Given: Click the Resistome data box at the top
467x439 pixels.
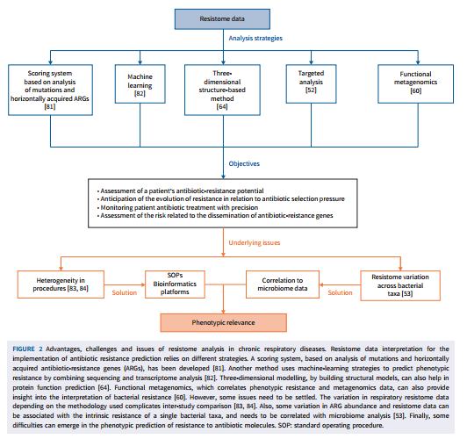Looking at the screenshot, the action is click(222, 19).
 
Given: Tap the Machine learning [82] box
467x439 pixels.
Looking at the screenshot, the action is click(140, 84).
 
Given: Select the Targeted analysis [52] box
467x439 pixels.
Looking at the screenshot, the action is click(311, 84).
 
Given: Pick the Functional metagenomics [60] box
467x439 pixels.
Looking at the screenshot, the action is click(415, 84).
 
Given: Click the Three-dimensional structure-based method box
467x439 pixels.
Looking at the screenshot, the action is click(222, 90).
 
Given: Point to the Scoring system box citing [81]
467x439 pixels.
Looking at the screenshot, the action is click(50, 90).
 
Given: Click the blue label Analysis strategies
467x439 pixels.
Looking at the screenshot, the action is click(255, 38).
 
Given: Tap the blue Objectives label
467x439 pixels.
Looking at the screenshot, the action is click(244, 163).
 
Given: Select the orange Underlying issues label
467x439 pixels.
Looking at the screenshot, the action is click(255, 242).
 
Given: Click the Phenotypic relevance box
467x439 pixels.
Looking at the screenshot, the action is click(223, 322).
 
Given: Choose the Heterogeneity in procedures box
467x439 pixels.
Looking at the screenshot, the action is click(61, 284).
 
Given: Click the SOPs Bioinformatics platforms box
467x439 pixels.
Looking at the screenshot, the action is click(175, 284).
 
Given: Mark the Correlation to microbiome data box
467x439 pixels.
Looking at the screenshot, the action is click(283, 284).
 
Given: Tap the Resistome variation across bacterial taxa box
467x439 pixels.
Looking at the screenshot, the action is click(400, 285).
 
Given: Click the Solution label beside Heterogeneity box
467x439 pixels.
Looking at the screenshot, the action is click(124, 292).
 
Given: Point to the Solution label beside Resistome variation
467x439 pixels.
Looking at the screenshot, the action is click(340, 292).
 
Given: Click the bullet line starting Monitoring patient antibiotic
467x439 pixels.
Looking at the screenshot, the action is click(178, 207).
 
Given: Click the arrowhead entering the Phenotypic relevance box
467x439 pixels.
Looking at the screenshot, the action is click(223, 312).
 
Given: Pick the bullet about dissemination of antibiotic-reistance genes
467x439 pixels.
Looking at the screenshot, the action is click(215, 216).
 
